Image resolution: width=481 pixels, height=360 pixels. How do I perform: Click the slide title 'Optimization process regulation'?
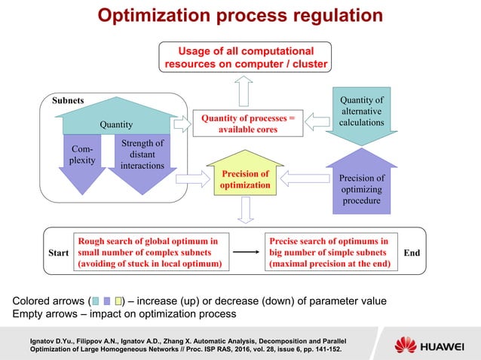(240, 17)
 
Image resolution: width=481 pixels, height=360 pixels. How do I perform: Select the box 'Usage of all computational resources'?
(247, 57)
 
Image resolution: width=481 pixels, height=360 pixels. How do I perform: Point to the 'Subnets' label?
(69, 99)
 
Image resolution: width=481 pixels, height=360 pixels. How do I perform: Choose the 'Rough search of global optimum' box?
(150, 252)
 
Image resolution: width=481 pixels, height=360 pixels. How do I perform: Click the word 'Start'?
(57, 253)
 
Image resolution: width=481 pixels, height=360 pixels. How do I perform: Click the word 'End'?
(412, 253)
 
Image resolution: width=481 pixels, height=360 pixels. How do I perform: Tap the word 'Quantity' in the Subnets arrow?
(117, 125)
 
